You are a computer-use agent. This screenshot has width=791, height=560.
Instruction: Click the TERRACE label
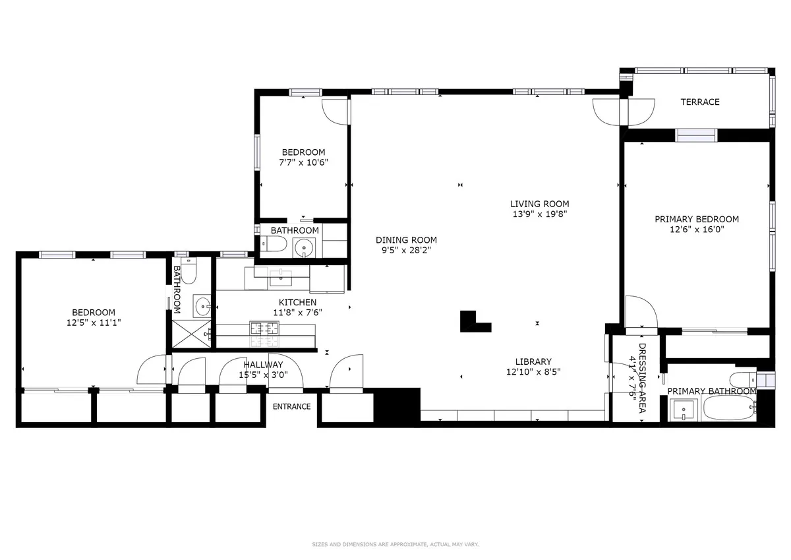pyautogui.click(x=700, y=102)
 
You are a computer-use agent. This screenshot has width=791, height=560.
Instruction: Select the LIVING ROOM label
pyautogui.click(x=539, y=204)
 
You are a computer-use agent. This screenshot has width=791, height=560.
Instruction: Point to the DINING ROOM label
pyautogui.click(x=406, y=240)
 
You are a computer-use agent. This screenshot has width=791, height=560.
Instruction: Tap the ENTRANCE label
pyautogui.click(x=292, y=406)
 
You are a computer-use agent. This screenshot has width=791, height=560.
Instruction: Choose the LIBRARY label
pyautogui.click(x=533, y=361)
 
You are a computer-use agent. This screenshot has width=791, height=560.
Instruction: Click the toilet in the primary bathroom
pyautogui.click(x=738, y=381)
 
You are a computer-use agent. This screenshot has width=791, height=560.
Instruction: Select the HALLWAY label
pyautogui.click(x=263, y=364)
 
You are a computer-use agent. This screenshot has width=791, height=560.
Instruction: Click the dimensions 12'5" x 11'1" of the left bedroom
pyautogui.click(x=93, y=323)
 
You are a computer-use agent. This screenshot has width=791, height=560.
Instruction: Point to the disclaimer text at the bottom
pyautogui.click(x=395, y=544)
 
